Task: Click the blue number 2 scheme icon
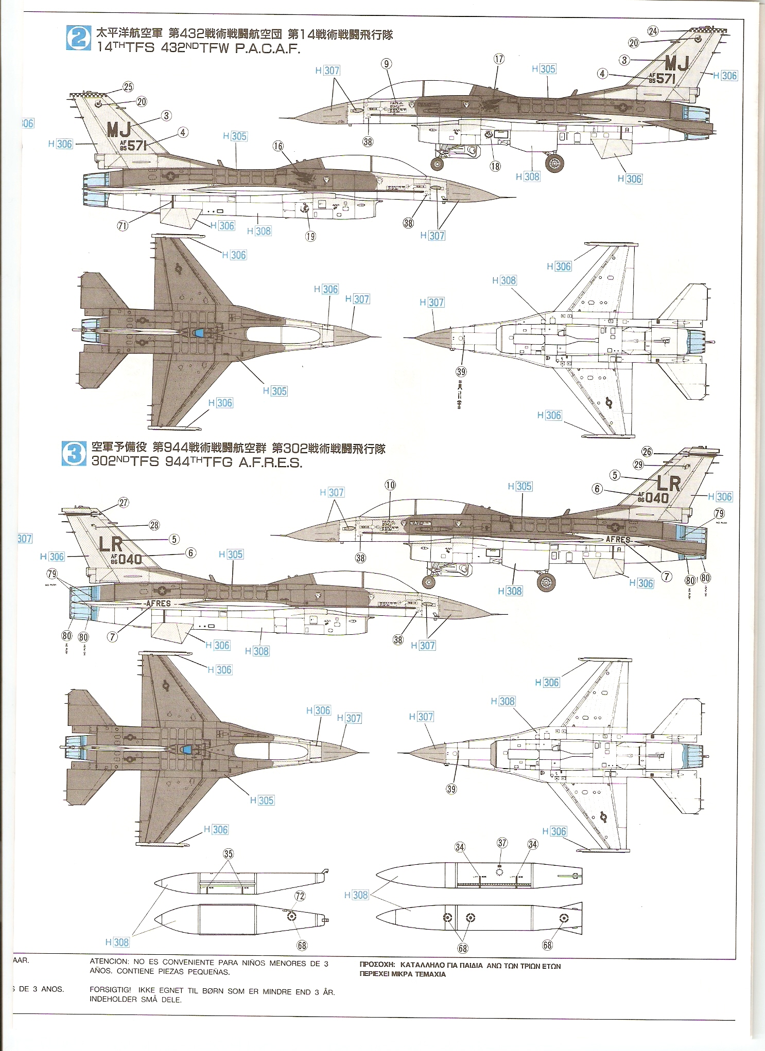pyautogui.click(x=78, y=38)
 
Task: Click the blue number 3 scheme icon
pyautogui.click(x=74, y=453)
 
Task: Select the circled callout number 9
pyautogui.click(x=386, y=64)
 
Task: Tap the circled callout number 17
pyautogui.click(x=499, y=59)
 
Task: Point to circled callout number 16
pyautogui.click(x=278, y=146)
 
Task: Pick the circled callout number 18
pyautogui.click(x=495, y=166)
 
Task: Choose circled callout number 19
pyautogui.click(x=310, y=236)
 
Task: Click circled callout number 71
pyautogui.click(x=122, y=225)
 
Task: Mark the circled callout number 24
pyautogui.click(x=653, y=31)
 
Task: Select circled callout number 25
pyautogui.click(x=128, y=87)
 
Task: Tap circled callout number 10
pyautogui.click(x=390, y=485)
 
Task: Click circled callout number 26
pyautogui.click(x=647, y=452)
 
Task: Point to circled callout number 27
pyautogui.click(x=124, y=503)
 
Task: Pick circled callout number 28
pyautogui.click(x=154, y=525)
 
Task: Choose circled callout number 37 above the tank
pyautogui.click(x=502, y=843)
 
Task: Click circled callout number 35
pyautogui.click(x=228, y=854)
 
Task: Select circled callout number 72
pyautogui.click(x=300, y=896)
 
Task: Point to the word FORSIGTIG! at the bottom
pyautogui.click(x=110, y=990)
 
